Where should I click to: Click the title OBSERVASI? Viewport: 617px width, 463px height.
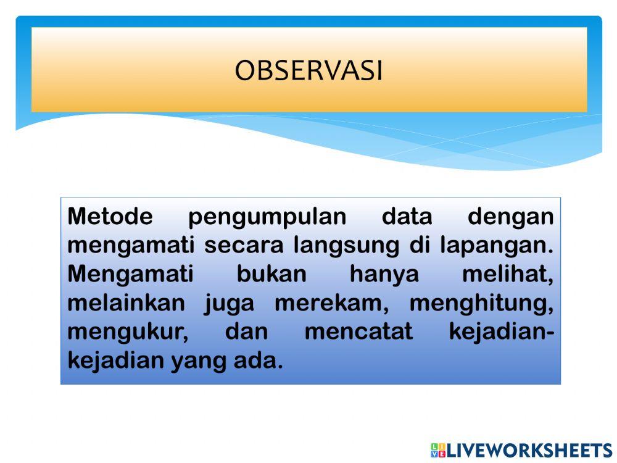click(x=308, y=71)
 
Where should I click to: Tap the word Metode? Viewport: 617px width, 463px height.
click(x=110, y=217)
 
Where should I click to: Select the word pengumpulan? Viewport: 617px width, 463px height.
click(x=267, y=217)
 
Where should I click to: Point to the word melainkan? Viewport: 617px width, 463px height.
click(x=126, y=303)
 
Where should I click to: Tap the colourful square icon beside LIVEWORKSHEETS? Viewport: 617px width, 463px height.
click(x=438, y=450)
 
